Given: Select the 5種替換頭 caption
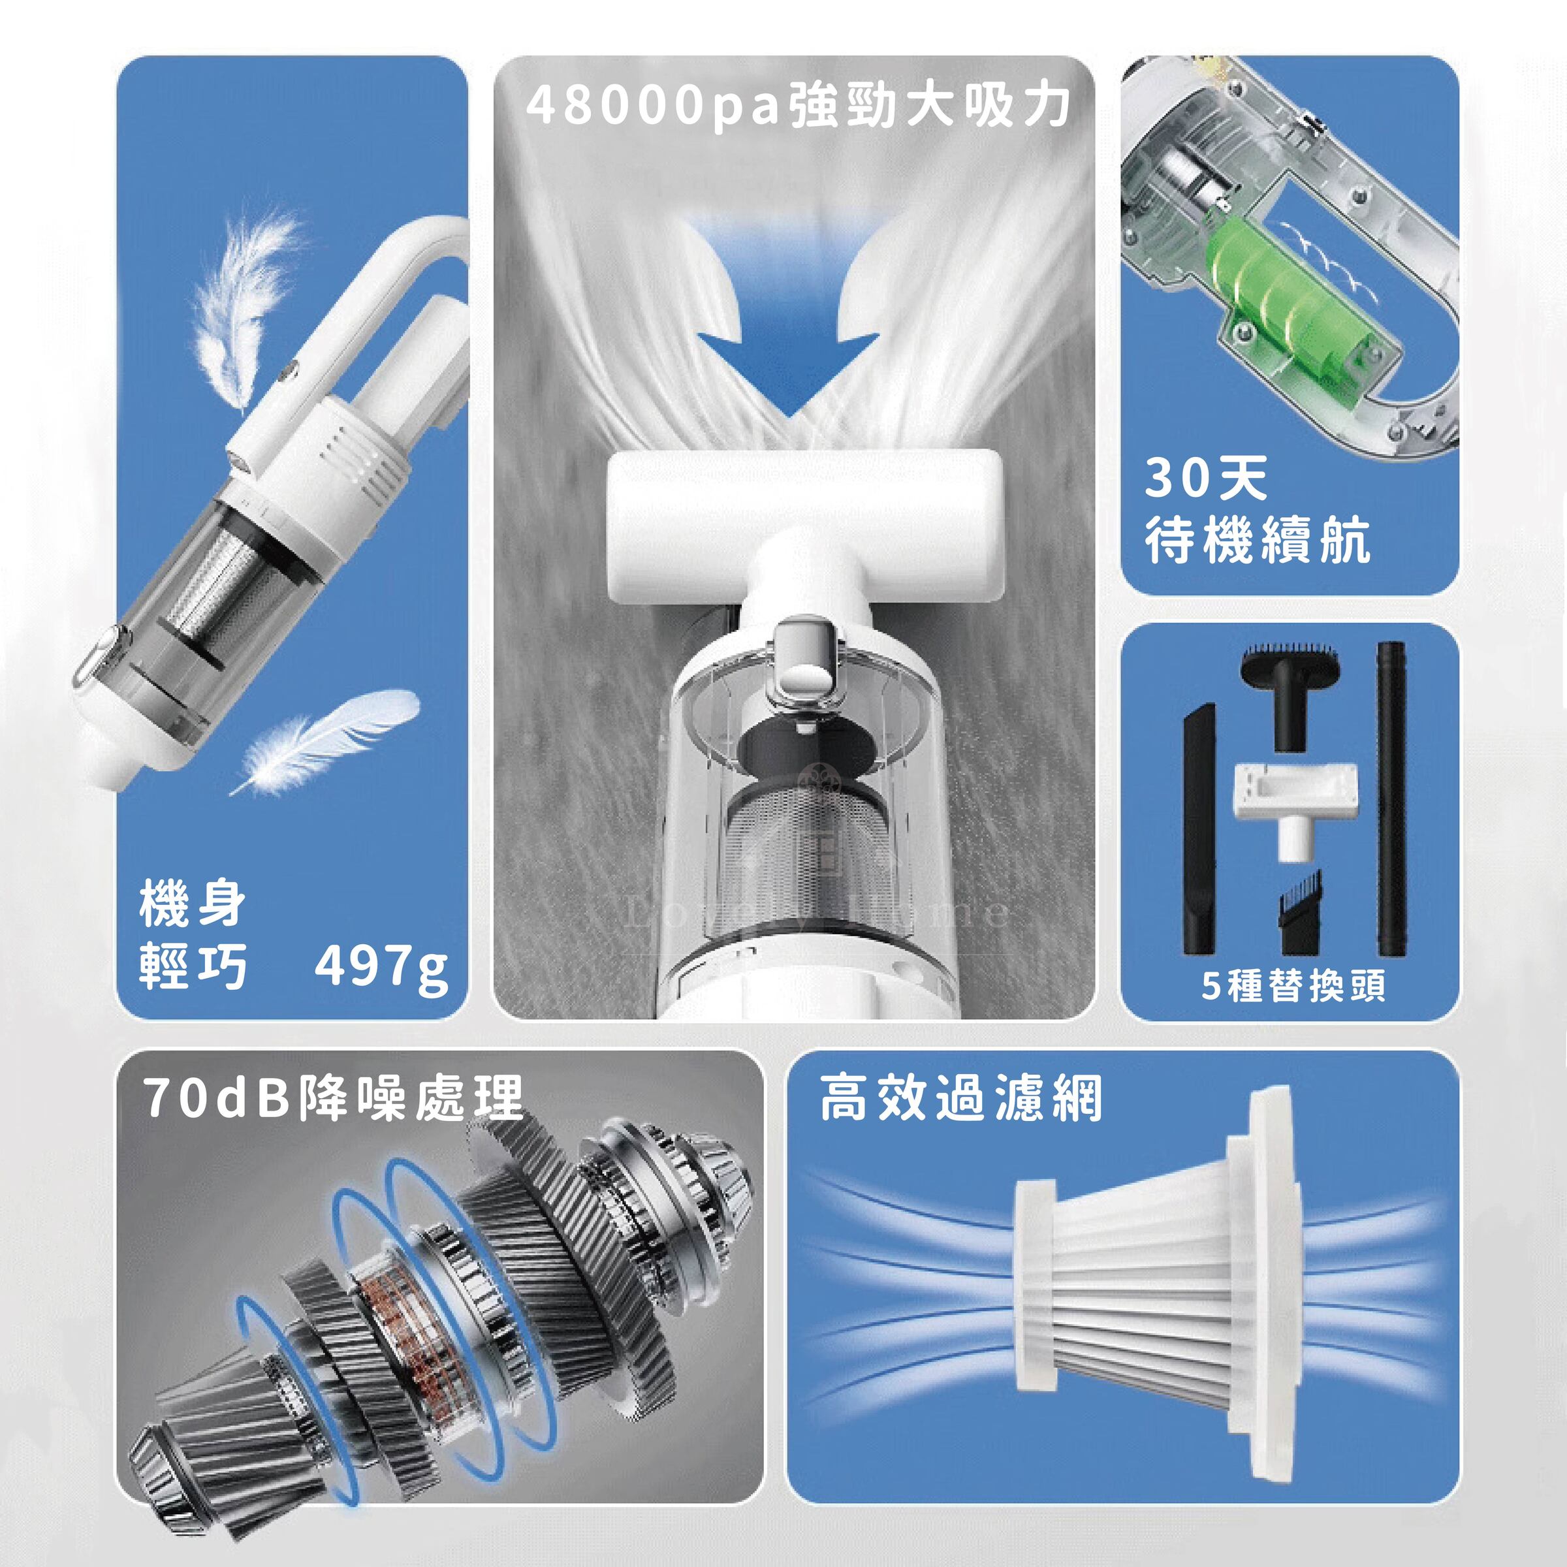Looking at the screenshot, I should [x=1293, y=987].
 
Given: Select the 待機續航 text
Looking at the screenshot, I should [x=1257, y=540].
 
